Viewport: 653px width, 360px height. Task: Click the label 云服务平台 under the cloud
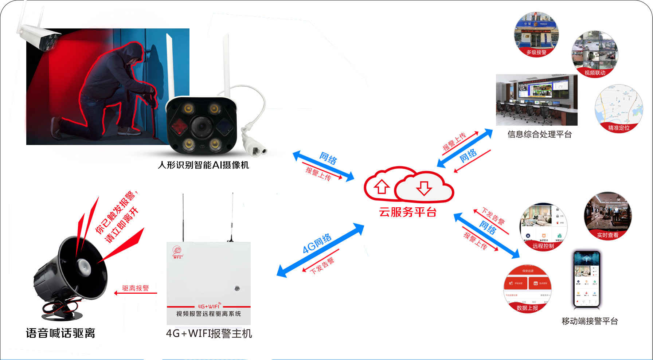point(407,212)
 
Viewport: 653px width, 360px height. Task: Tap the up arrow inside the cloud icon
point(382,187)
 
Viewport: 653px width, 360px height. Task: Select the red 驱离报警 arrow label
point(135,288)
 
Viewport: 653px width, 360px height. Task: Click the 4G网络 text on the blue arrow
point(317,243)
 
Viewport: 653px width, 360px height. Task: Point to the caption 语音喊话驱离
point(60,333)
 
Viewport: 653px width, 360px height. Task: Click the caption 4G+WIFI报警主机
point(209,333)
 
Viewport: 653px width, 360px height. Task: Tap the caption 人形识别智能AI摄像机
point(203,165)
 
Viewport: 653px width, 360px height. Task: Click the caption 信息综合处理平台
point(539,134)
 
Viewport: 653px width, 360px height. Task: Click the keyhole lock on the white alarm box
point(237,288)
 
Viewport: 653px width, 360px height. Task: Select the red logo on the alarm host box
point(177,252)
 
